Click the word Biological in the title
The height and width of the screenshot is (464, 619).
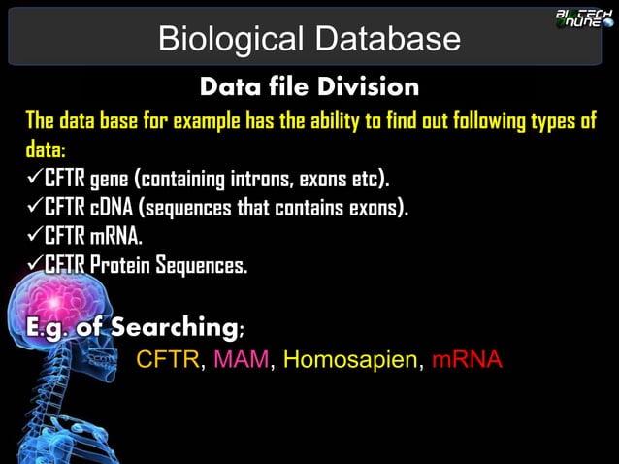pos(225,39)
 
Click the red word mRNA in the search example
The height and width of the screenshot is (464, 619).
pos(467,360)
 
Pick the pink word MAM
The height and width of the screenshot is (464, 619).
pos(242,360)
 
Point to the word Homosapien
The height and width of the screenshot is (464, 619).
pos(351,360)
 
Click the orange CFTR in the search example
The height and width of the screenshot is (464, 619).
pos(168,360)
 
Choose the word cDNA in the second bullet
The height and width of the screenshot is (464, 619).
pos(115,207)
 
